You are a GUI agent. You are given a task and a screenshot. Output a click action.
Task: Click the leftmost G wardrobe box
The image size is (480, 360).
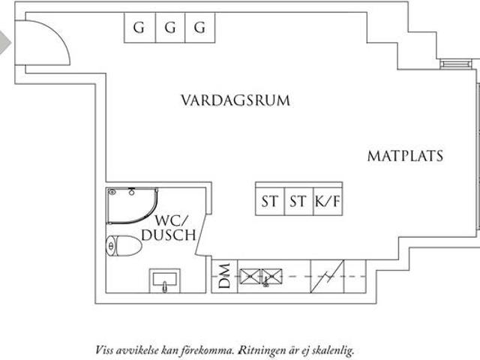pos(139,28)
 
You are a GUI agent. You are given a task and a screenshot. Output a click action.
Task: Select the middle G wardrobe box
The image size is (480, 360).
pos(169,28)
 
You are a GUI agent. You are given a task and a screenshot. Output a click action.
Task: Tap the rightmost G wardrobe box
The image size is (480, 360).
pos(199,28)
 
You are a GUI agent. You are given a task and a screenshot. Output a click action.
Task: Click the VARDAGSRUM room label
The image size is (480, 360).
pos(235,100)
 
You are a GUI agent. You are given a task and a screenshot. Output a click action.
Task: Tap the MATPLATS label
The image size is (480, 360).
pos(405,156)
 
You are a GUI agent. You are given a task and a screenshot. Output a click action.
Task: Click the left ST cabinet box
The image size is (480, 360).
pos(269,201)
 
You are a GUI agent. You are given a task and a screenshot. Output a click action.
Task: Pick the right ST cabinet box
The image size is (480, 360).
pos(298,201)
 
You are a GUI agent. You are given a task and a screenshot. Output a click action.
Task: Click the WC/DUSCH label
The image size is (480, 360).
pos(175,227)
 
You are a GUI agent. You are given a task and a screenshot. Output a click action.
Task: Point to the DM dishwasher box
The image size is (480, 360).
pos(224,277)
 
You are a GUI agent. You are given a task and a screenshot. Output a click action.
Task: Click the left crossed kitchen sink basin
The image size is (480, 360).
pos(248,277)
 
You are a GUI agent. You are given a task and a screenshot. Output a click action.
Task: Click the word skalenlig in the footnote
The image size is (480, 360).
pos(331,349)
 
